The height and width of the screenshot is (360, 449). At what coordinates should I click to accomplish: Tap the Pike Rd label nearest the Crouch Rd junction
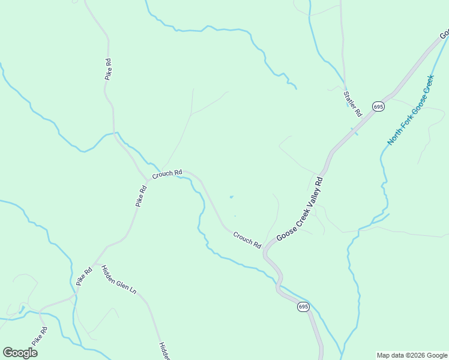[141, 196]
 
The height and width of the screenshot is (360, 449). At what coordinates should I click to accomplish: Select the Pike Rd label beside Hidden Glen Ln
[84, 276]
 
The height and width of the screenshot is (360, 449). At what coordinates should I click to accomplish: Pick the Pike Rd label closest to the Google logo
[39, 335]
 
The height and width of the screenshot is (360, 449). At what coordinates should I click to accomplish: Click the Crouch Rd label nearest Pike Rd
[167, 174]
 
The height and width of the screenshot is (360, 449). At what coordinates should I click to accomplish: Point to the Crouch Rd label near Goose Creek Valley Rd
[247, 241]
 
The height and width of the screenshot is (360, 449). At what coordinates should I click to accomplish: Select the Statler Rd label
[353, 104]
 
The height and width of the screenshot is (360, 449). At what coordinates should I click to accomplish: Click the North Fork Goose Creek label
[410, 110]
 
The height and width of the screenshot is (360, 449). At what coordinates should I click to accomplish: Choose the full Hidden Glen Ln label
[119, 280]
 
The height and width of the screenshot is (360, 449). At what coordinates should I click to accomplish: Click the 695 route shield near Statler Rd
[378, 106]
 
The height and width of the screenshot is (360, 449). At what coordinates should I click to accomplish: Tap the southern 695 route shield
[303, 307]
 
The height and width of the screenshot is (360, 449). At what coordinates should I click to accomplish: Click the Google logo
[20, 353]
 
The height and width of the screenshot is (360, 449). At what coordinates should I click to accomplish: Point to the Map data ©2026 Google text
[412, 355]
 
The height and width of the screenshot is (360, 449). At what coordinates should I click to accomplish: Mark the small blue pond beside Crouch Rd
[231, 196]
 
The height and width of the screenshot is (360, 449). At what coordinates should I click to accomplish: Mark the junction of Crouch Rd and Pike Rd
[148, 180]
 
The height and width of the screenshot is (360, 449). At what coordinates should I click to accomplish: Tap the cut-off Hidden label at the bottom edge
[164, 351]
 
